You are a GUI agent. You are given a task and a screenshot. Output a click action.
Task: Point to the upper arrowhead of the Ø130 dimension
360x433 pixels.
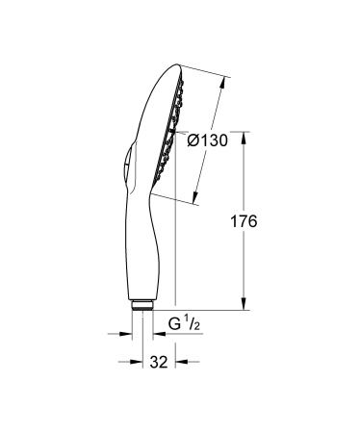click(x=227, y=82)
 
